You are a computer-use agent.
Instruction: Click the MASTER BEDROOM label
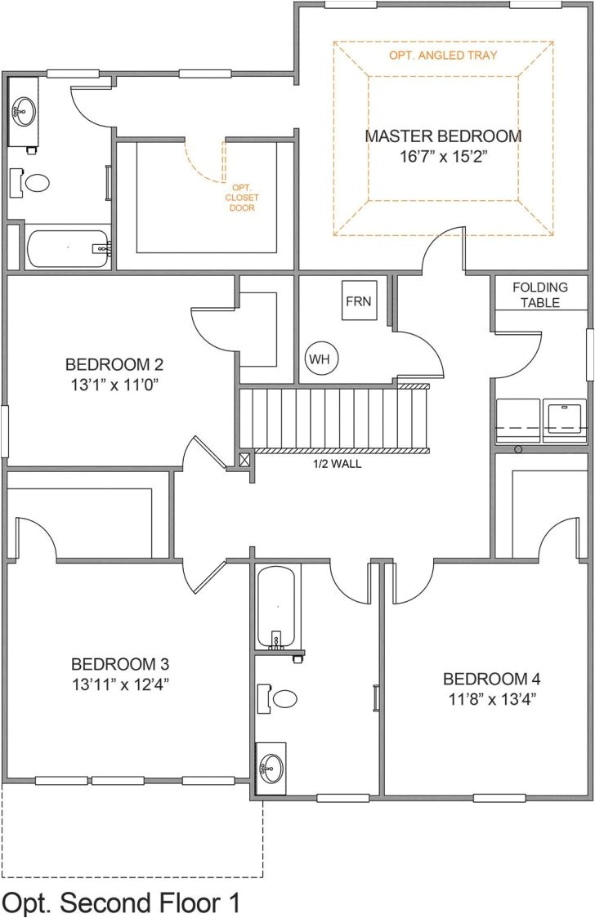(x=443, y=136)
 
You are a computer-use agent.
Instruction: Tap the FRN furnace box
(x=358, y=301)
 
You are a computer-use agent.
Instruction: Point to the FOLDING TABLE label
(x=539, y=295)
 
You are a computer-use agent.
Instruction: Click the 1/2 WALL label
(x=337, y=463)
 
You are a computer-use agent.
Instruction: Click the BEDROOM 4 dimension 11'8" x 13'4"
(x=491, y=698)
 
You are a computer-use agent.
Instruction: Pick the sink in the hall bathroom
(x=271, y=768)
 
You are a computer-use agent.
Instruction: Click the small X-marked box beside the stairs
(x=244, y=459)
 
